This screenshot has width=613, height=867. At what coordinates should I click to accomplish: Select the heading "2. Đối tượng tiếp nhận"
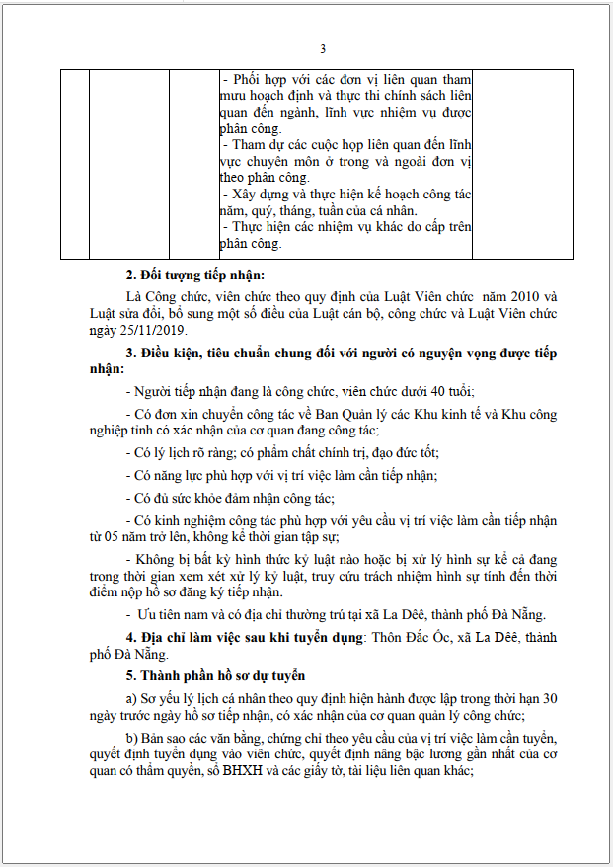pos(195,275)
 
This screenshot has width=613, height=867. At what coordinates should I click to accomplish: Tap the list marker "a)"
pos(133,698)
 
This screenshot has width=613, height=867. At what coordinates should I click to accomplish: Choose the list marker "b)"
pos(133,740)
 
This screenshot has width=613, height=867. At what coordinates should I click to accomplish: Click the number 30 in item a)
pos(549,698)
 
